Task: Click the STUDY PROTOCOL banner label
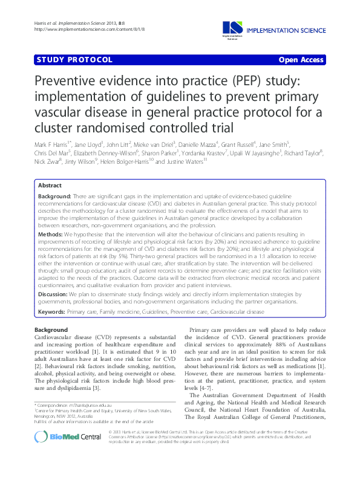[x=74, y=60]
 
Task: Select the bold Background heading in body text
[x=51, y=329]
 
